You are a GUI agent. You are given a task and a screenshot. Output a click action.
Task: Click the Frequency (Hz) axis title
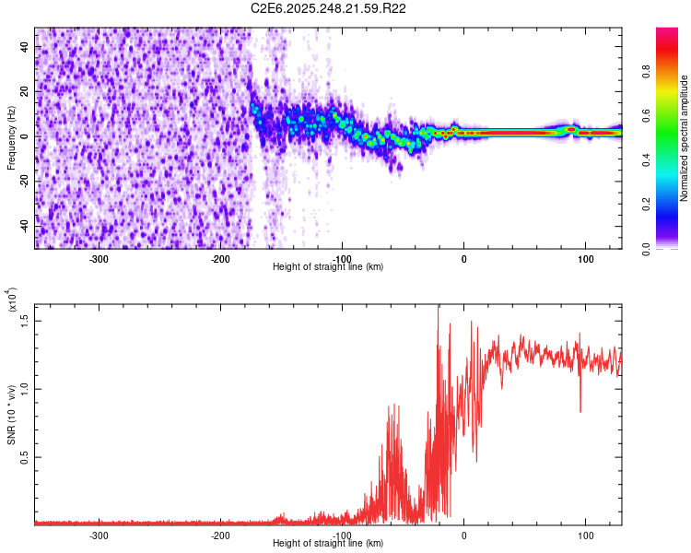pyautogui.click(x=11, y=137)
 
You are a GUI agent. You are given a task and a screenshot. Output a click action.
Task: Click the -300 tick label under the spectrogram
pyautogui.click(x=98, y=257)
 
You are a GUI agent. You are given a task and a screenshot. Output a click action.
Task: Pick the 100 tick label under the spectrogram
pyautogui.click(x=585, y=257)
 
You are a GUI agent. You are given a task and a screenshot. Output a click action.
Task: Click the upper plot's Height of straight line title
pyautogui.click(x=328, y=266)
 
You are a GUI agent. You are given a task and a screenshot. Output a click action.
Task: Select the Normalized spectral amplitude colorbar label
pyautogui.click(x=684, y=138)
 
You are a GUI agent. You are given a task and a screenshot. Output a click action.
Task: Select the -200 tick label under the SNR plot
pyautogui.click(x=219, y=534)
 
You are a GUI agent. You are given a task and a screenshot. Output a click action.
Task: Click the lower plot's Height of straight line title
pyautogui.click(x=328, y=543)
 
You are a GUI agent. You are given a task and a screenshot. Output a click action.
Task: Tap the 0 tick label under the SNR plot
pyautogui.click(x=463, y=534)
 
